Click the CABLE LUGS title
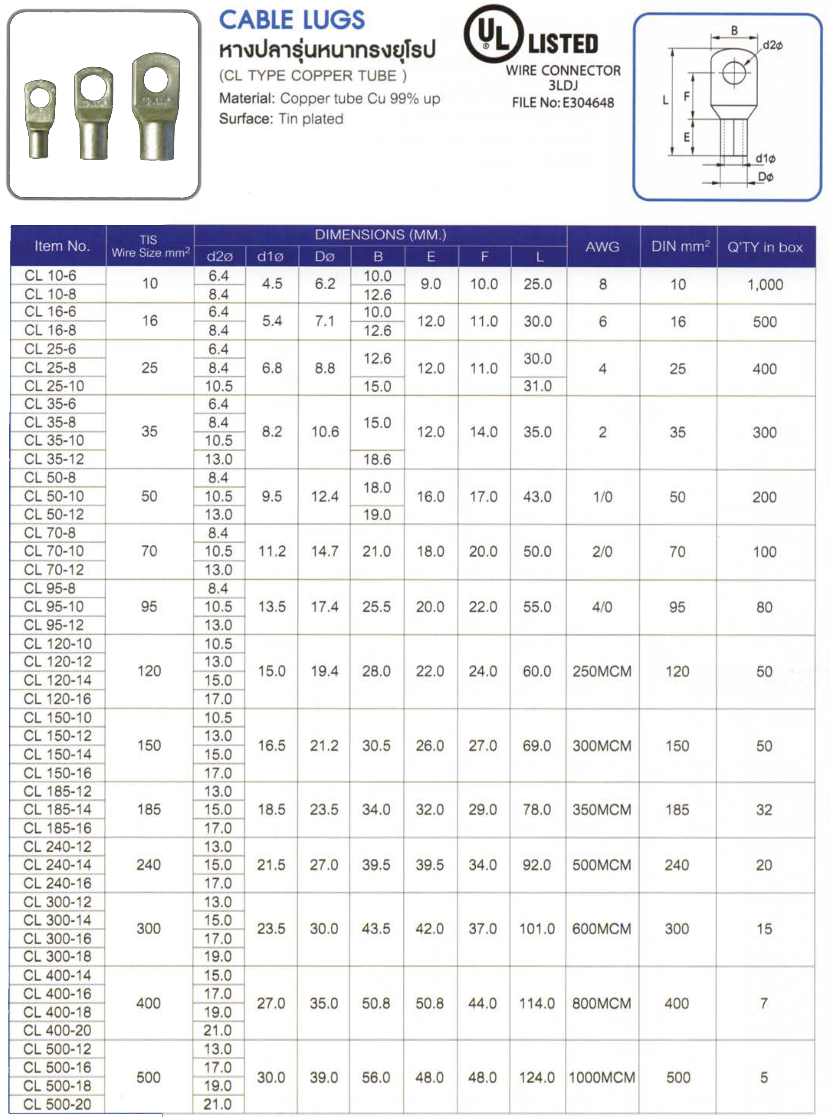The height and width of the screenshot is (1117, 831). (292, 20)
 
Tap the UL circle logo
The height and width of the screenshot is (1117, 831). (490, 34)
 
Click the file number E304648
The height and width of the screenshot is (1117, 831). (587, 102)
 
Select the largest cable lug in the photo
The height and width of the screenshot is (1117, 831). (155, 107)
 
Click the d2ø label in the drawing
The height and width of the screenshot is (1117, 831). (772, 45)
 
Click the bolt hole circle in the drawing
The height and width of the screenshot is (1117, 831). (734, 73)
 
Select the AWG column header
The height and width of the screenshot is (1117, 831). (602, 247)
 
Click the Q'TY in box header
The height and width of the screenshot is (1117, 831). (765, 247)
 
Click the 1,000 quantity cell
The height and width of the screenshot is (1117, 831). (765, 285)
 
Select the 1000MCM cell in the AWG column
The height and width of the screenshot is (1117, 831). (602, 1077)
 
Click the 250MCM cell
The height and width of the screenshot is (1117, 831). (602, 671)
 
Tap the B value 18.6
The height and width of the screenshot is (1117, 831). (377, 459)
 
